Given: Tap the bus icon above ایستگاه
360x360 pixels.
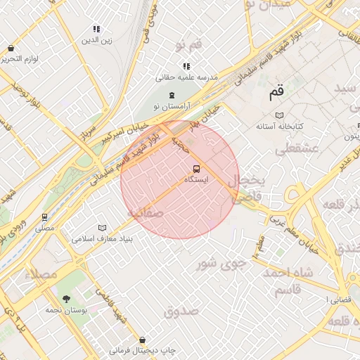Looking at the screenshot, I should point(195,169).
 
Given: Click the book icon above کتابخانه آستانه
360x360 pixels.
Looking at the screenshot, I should point(280,115).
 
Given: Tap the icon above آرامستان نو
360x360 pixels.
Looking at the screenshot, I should point(171,95).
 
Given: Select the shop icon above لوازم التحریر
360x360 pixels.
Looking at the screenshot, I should point(11,48).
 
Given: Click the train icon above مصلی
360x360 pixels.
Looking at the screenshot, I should point(44,217).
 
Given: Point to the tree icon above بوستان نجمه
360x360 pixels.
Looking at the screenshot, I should point(67,299).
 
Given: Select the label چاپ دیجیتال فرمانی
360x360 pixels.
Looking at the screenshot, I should point(143,350).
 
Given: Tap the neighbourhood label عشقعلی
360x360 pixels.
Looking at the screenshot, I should point(297,148).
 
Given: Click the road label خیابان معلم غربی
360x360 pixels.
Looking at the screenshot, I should point(277,224).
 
